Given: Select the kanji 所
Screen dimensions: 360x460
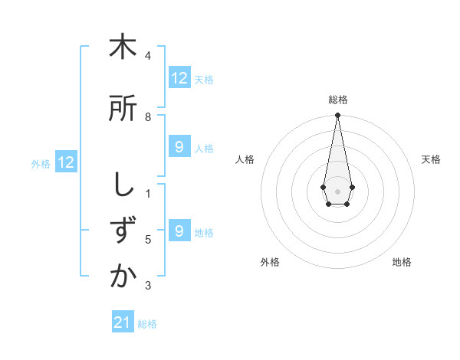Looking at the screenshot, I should pos(123,109).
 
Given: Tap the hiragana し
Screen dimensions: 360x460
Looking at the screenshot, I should pos(123,185).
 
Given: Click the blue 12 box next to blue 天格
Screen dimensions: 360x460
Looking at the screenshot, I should pos(179,78).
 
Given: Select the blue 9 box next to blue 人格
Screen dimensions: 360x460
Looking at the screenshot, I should pos(179,147).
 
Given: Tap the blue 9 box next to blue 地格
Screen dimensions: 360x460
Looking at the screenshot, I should pos(179,231).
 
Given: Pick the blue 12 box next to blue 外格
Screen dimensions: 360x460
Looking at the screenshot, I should pos(66,162).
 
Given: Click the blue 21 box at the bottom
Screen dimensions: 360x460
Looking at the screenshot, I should pos(123,322).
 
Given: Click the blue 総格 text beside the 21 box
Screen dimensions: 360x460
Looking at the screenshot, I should pos(147,324).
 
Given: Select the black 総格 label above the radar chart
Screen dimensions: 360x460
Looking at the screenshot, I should pos(337,100).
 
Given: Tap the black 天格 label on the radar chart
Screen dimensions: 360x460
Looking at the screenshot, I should pos(431,159).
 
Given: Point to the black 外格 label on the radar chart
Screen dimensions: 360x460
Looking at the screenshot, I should pos(270,262).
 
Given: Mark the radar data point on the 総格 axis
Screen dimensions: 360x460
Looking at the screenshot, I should pos(337,116).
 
